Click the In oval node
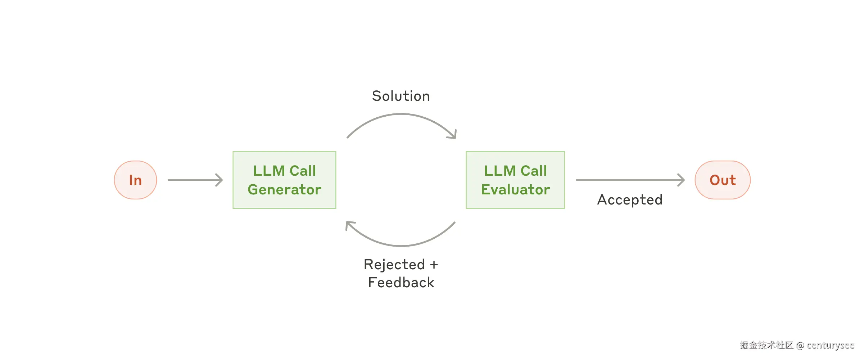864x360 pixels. [135, 180]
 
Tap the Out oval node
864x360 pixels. [722, 180]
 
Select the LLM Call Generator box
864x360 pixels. [284, 180]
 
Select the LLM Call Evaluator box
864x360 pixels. [515, 180]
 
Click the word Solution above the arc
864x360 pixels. [401, 96]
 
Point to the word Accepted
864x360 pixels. [630, 200]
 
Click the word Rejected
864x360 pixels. [394, 265]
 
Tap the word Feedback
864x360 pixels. [401, 283]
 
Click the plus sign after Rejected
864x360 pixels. [434, 265]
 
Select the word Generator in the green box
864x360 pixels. [284, 190]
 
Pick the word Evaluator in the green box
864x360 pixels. [515, 190]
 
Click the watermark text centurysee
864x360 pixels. [830, 346]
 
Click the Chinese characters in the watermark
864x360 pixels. [766, 346]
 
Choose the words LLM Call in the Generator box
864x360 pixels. [284, 171]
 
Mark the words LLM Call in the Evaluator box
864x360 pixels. [515, 171]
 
